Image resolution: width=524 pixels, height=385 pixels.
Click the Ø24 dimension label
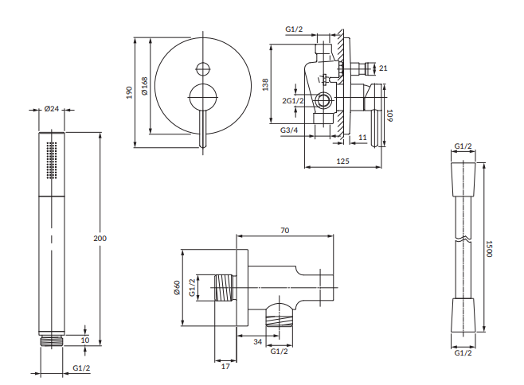tap(52, 109)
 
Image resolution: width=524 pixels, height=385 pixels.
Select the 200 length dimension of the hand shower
tap(100, 238)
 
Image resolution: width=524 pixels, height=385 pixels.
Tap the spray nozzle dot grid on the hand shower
tap(52, 160)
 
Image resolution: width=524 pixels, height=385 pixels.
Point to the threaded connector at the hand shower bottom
tap(52, 341)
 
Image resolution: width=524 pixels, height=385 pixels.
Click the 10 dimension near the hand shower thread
tap(85, 340)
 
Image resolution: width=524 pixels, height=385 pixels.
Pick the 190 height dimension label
tap(129, 92)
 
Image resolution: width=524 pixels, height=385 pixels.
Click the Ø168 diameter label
tap(144, 86)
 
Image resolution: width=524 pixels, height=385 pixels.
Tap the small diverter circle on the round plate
tap(203, 69)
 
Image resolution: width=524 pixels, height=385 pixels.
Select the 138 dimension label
tap(265, 84)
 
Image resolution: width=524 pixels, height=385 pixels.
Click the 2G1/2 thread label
tap(293, 100)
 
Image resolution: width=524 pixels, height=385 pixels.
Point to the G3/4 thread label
tap(289, 130)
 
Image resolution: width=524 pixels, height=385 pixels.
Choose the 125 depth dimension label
tap(342, 161)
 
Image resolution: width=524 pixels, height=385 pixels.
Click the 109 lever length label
tap(389, 115)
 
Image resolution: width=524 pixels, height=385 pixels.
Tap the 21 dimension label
tap(383, 68)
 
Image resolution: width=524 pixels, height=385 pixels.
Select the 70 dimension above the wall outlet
tap(285, 231)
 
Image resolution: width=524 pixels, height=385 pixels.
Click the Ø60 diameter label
tap(177, 287)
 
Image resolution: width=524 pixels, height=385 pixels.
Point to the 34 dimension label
tap(257, 341)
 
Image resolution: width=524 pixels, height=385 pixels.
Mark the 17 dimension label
tap(225, 366)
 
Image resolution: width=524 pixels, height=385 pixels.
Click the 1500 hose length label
tap(489, 249)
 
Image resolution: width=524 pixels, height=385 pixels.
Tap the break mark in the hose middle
tap(463, 239)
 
